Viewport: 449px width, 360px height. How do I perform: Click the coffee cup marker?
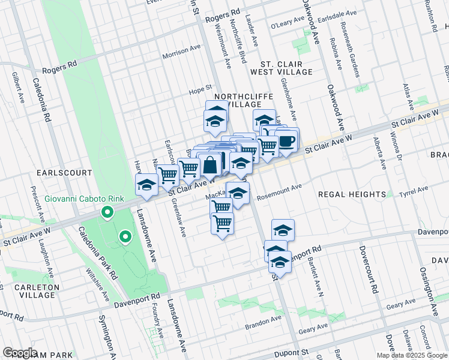click(286, 141)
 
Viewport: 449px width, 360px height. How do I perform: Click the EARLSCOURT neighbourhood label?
click(64, 173)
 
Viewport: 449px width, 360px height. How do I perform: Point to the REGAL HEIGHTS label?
click(351, 194)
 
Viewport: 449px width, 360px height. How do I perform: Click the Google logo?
click(20, 353)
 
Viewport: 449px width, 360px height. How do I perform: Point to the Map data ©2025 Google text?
click(411, 355)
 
